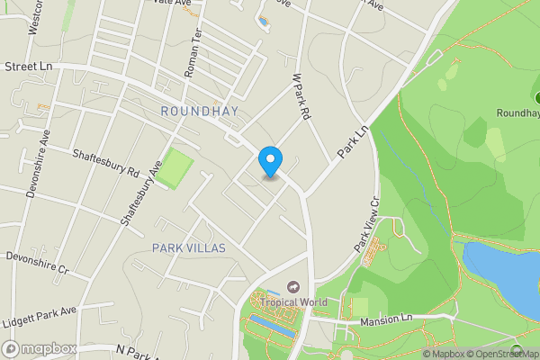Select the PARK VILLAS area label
188,247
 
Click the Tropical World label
294,302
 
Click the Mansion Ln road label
385,319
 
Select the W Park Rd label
301,98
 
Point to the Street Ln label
29,67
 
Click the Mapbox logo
40,348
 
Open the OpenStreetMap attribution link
501,354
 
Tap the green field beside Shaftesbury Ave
177,167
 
